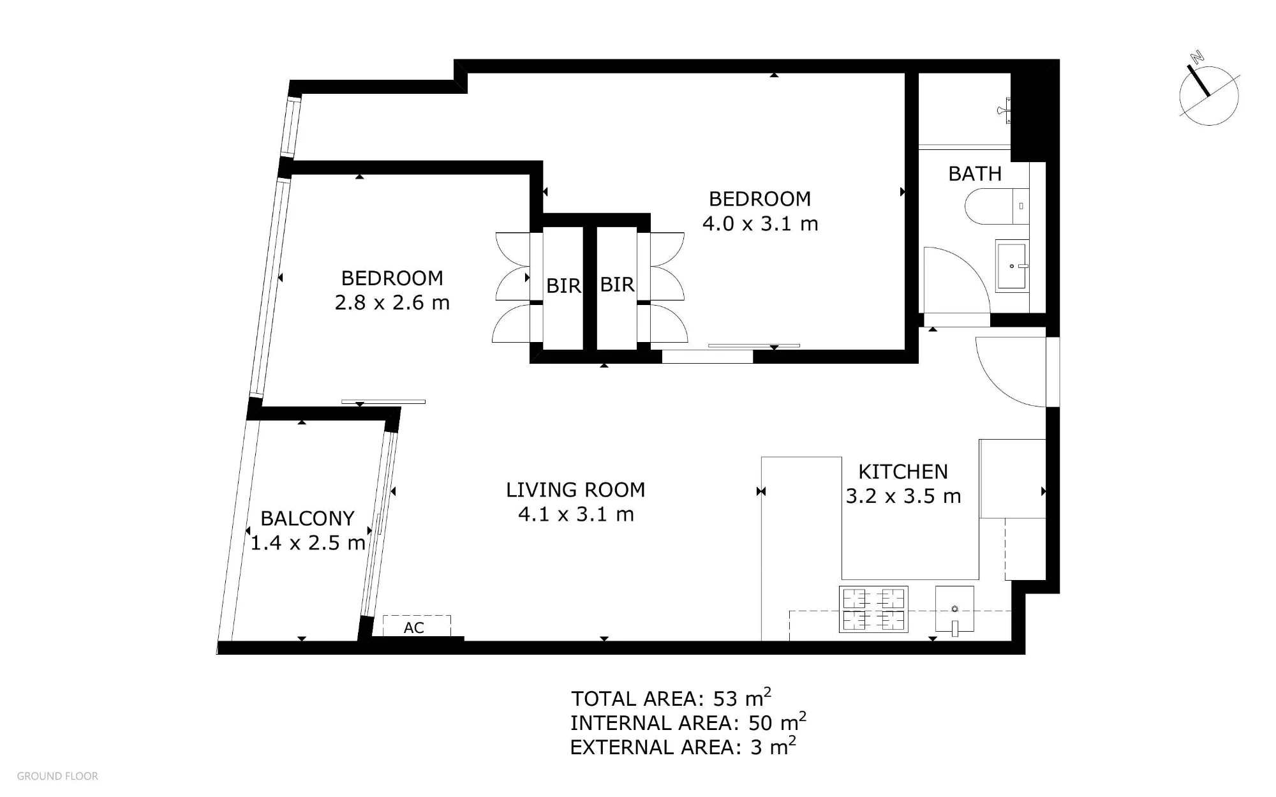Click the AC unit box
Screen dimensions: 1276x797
(417, 626)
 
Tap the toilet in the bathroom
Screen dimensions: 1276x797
(996, 206)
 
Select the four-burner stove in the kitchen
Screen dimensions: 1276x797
(873, 609)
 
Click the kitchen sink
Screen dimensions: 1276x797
(954, 609)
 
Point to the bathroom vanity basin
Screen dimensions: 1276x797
(1012, 265)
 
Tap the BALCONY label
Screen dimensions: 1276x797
(308, 518)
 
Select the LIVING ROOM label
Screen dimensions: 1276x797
(575, 489)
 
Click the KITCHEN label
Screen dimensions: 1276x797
(903, 472)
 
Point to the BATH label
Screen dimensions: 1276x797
(975, 174)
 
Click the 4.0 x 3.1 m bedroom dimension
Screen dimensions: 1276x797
(760, 224)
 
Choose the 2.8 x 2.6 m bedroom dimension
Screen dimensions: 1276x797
(392, 302)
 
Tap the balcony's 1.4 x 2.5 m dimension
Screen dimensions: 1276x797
(308, 543)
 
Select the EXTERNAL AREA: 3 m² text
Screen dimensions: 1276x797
(683, 745)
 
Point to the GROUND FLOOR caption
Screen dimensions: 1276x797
(57, 776)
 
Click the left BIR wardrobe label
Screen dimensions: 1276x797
(563, 286)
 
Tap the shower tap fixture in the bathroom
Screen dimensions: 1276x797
(1004, 110)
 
